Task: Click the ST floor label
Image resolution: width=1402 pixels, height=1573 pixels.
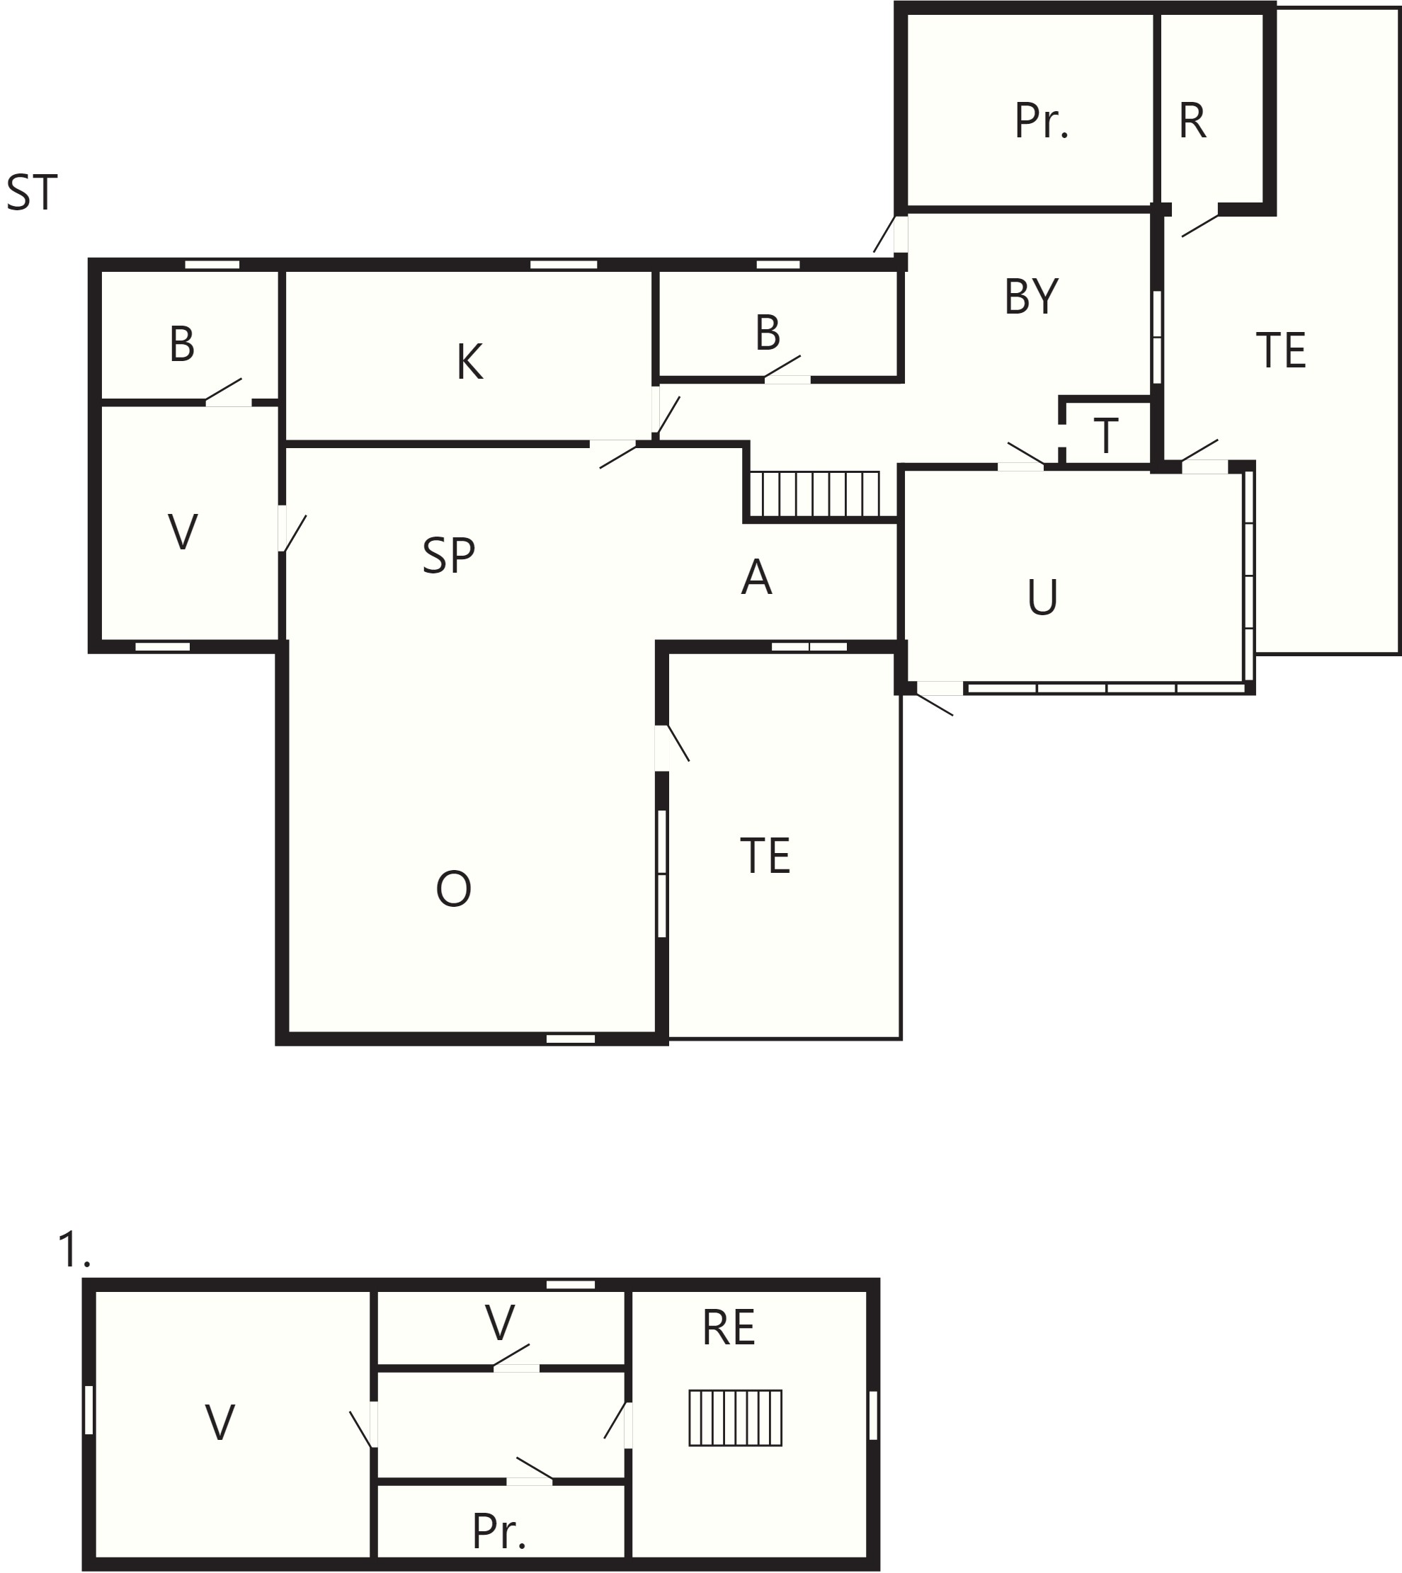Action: click(32, 193)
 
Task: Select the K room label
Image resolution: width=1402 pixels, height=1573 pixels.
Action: click(470, 361)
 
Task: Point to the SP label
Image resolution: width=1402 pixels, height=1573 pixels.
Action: click(449, 555)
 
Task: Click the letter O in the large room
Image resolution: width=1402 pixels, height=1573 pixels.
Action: click(454, 888)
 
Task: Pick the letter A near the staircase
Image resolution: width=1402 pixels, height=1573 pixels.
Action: click(756, 577)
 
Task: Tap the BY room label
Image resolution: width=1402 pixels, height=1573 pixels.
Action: click(1032, 297)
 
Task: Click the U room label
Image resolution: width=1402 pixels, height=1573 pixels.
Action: click(1043, 597)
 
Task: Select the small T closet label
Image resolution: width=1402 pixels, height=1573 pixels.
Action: click(1106, 436)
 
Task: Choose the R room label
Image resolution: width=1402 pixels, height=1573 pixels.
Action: click(1192, 121)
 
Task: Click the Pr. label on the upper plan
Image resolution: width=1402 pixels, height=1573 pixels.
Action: click(1042, 121)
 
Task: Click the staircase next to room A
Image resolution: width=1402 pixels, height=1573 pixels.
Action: click(815, 493)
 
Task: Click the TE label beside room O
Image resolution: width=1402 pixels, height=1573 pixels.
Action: click(765, 855)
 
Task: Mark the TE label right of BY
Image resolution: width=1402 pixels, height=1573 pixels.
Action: click(1281, 350)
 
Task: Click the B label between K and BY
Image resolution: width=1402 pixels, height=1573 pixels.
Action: click(768, 333)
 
